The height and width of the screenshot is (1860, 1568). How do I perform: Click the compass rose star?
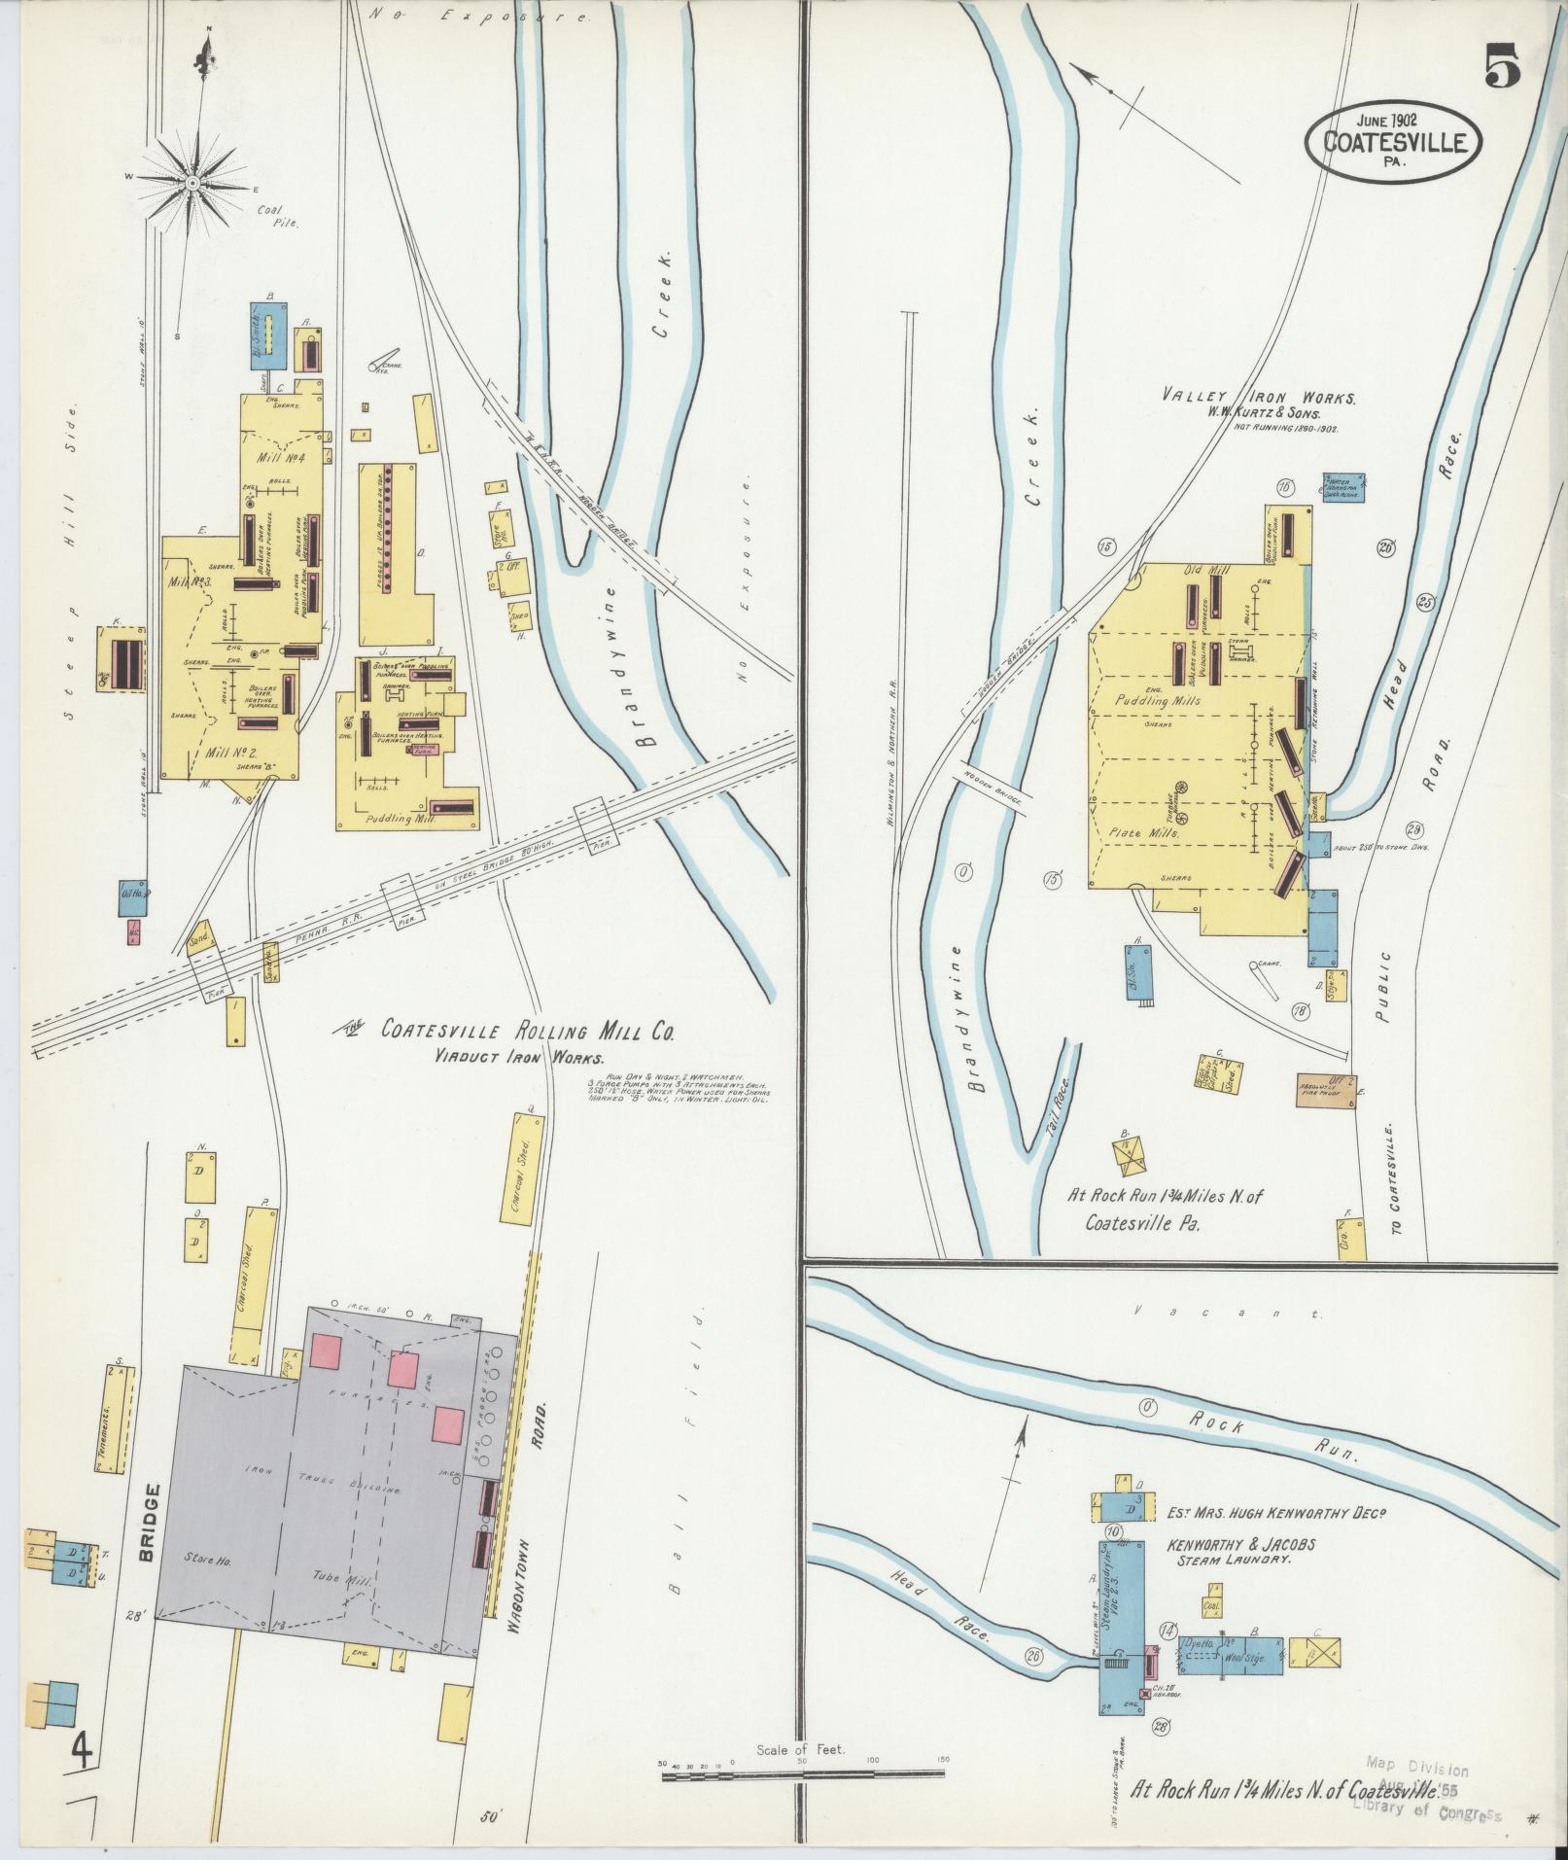point(193,183)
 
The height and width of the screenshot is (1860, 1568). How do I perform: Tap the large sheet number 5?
point(1501,69)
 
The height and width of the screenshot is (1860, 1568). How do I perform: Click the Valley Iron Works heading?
point(1260,397)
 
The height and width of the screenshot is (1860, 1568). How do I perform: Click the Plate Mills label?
point(1144,833)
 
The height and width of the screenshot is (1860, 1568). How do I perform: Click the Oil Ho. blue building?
point(132,897)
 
